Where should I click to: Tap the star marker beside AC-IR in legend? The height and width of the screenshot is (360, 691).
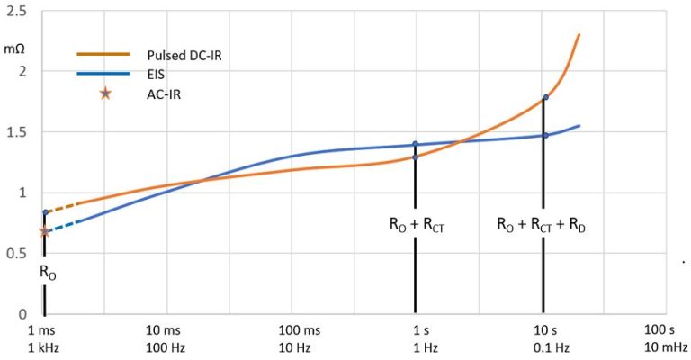coord(105,93)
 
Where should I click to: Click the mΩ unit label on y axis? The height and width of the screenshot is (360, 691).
coord(14,47)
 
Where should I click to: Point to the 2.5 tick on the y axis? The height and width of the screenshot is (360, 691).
coord(16,10)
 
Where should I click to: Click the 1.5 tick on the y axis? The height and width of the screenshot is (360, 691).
coord(16,132)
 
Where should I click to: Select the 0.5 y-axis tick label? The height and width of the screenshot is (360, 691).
coord(16,254)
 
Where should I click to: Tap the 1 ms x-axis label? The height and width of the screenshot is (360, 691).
coord(43,331)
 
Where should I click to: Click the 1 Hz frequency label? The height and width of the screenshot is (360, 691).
coord(415,347)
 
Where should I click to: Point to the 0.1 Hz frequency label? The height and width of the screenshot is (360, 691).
coord(544,347)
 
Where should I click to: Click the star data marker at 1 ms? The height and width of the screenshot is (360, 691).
coord(45,231)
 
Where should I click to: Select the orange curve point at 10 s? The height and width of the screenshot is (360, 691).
coord(544,97)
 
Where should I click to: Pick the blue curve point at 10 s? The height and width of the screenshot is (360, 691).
coord(544,136)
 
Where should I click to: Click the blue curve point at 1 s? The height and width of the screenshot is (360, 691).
coord(415,144)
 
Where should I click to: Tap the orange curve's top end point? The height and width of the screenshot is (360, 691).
coord(579,35)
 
